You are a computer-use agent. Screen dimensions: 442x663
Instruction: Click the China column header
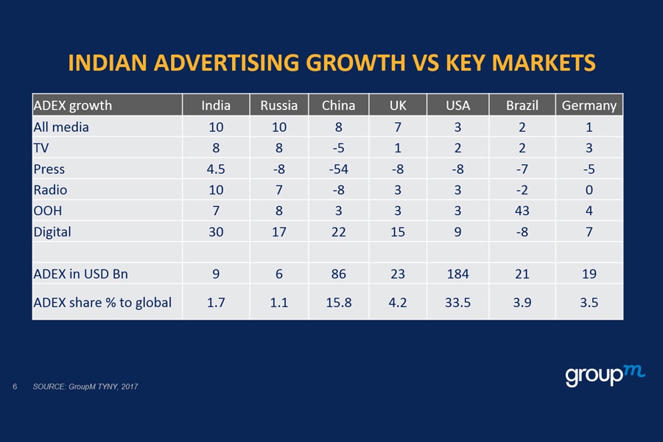[338, 105]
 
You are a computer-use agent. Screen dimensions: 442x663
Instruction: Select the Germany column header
[589, 105]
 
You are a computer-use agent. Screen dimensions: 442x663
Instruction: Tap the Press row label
[49, 169]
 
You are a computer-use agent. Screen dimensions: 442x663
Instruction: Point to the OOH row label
[48, 211]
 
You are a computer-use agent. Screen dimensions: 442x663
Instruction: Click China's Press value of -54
[338, 169]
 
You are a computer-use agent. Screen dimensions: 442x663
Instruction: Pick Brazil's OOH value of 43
[522, 211]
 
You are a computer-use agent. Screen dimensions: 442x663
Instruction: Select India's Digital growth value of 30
[216, 233]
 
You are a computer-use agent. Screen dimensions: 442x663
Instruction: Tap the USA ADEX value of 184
[457, 275]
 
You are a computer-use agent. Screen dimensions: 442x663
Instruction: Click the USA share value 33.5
[457, 302]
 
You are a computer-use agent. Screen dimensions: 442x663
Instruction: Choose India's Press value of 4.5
[216, 169]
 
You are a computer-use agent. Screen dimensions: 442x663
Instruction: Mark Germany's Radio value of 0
[589, 191]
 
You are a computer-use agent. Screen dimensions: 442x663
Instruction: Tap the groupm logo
[605, 375]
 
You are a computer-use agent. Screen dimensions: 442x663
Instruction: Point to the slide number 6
[15, 387]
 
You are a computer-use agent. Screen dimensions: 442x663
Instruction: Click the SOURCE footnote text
[85, 387]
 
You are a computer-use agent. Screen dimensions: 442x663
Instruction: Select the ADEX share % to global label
[102, 302]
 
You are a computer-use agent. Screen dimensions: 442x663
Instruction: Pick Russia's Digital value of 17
[278, 233]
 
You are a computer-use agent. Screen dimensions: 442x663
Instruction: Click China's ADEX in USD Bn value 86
[338, 275]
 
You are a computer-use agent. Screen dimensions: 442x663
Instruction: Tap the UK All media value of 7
[398, 127]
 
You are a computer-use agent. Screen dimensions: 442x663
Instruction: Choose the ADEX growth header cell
[73, 105]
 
